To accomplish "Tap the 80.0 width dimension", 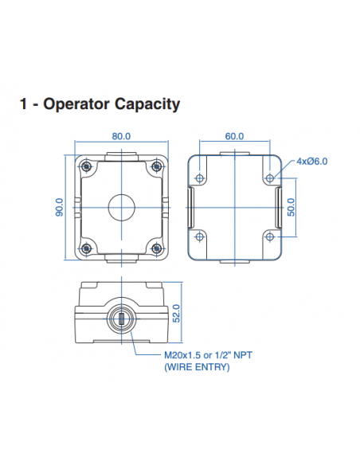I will click(x=121, y=136).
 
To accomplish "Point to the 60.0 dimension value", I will click(x=234, y=136).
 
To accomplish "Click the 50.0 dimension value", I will click(x=291, y=206).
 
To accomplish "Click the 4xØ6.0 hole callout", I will click(x=312, y=161).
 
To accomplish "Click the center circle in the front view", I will click(x=121, y=206).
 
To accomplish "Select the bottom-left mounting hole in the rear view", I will click(x=199, y=236).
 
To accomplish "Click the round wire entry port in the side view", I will click(x=121, y=319).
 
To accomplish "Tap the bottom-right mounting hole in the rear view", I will click(x=270, y=236).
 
